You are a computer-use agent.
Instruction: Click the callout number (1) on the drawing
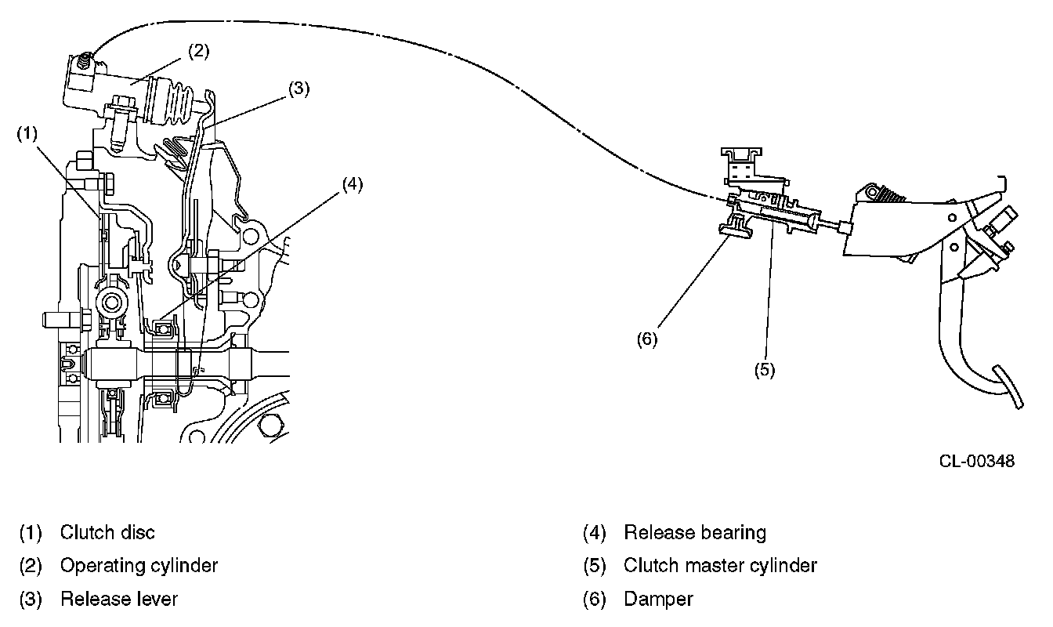(27, 134)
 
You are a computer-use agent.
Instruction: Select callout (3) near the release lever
(299, 89)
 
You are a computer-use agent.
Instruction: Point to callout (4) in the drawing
(352, 185)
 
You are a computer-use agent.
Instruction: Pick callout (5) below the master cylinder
(765, 369)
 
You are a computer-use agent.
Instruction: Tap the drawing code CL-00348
(976, 461)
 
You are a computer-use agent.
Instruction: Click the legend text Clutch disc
(107, 533)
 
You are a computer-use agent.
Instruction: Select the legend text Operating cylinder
(139, 565)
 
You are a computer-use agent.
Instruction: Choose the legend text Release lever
(119, 600)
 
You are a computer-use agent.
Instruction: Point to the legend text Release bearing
(695, 533)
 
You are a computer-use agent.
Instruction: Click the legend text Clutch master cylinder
(720, 565)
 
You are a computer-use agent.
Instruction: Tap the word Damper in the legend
(658, 600)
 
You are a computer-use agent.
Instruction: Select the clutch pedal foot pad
(1008, 386)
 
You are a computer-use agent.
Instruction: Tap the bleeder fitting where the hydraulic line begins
(85, 59)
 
